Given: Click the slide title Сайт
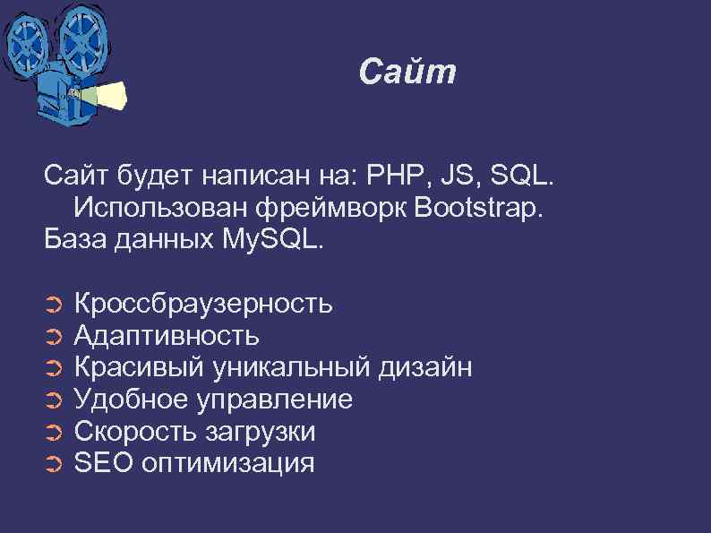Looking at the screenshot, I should tap(407, 73).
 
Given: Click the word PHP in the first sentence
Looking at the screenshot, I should tap(390, 176).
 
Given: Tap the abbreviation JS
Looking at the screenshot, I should tap(450, 176).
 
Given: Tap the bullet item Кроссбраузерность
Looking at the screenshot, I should tap(203, 305).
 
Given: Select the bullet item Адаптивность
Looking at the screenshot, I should tap(167, 336).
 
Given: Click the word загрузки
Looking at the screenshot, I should tap(261, 431).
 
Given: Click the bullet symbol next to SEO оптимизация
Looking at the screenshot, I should tap(52, 464).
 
